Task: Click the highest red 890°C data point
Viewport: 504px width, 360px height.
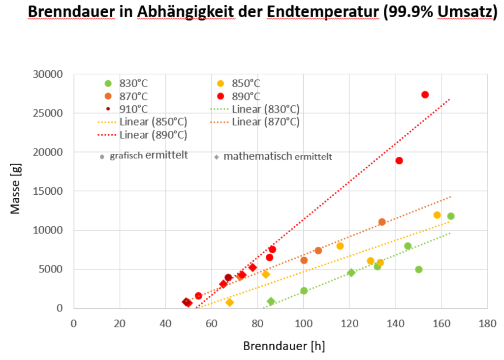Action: pos(425,94)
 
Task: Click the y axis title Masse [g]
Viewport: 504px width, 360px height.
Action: pos(16,191)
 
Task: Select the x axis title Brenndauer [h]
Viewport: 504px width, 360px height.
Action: pos(284,346)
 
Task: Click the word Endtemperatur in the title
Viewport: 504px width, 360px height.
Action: pos(322,12)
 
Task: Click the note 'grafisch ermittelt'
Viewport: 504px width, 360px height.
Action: pos(148,156)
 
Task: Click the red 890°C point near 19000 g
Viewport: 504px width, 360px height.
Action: pos(399,160)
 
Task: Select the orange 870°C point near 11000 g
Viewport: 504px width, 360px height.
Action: pos(382,222)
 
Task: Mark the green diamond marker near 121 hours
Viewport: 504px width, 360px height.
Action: pos(351,272)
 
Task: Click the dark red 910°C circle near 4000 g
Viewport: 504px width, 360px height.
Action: pos(228,277)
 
